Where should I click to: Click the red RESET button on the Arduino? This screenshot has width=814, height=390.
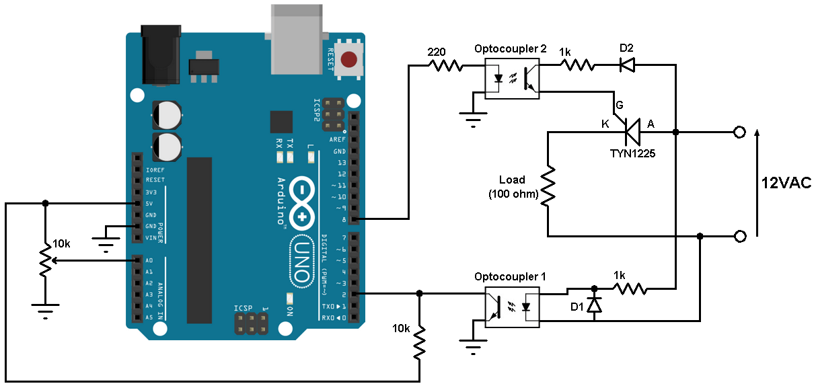click(x=349, y=59)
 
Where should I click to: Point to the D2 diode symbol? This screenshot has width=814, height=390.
click(x=627, y=65)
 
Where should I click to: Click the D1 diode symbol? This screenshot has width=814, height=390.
click(x=593, y=305)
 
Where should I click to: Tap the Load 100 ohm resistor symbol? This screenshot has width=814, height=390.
click(x=549, y=185)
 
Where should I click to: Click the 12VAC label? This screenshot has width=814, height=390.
click(x=786, y=182)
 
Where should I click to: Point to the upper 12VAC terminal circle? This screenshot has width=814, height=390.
click(x=740, y=132)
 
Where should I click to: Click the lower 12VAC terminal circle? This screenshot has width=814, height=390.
click(x=740, y=236)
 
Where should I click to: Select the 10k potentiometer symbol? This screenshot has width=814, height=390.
click(x=45, y=261)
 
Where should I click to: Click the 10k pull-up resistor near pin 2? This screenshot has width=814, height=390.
click(x=420, y=343)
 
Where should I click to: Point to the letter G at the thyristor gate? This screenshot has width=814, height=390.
click(x=619, y=106)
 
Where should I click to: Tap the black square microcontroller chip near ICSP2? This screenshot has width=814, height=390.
click(x=281, y=121)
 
